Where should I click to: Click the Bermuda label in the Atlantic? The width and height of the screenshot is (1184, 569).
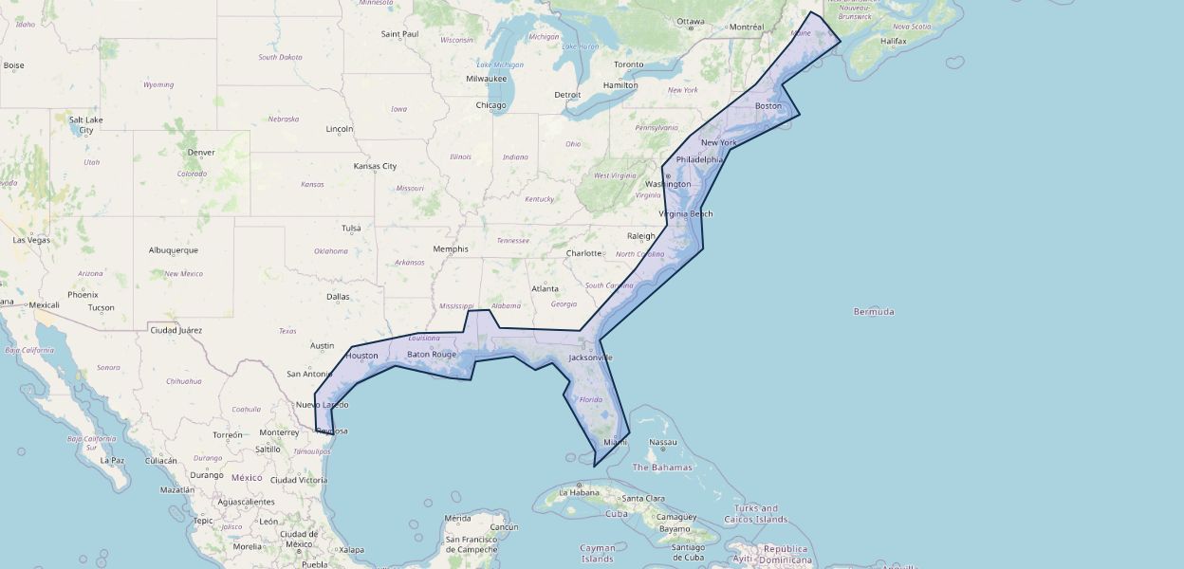pos(873,312)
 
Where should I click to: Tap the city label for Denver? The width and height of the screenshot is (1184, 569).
pos(201,153)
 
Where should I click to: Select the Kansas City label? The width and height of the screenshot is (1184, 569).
pos(375,166)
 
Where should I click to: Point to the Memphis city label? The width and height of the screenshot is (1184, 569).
pos(450,249)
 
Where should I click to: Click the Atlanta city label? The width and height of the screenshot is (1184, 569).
pos(545,289)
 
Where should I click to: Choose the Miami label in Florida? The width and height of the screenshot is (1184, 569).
pos(615,442)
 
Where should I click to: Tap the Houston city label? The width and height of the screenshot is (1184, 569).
pos(361,357)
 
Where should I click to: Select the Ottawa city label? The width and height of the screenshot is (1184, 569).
pos(690,22)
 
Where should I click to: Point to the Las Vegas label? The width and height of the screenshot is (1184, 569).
pos(31,240)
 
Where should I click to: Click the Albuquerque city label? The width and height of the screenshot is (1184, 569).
pos(174,250)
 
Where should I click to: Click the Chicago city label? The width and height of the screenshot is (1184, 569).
pos(490,105)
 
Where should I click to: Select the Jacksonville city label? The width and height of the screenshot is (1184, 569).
pos(590,358)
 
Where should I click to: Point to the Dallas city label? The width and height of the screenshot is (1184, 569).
pos(338,297)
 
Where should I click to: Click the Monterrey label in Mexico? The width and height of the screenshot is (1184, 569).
pos(278,432)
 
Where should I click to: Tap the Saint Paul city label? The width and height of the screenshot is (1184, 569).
pos(399,34)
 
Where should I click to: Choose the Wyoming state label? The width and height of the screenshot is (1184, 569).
pos(158,85)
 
